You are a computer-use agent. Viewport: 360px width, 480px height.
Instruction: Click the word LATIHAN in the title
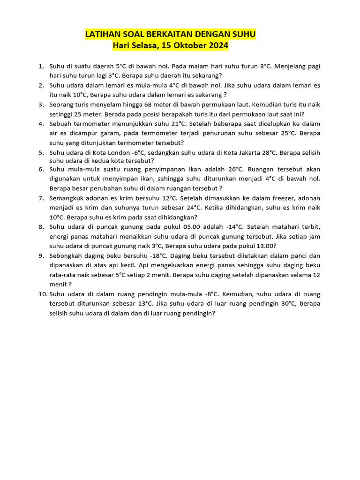click(101, 35)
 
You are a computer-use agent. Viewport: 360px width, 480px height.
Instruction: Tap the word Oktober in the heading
click(189, 46)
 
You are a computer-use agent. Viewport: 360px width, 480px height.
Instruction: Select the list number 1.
click(41, 67)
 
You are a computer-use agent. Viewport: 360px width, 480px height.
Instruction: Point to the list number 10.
click(42, 294)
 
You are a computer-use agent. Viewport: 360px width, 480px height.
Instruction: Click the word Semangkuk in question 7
click(67, 198)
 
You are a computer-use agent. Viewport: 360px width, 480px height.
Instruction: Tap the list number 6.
click(41, 169)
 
